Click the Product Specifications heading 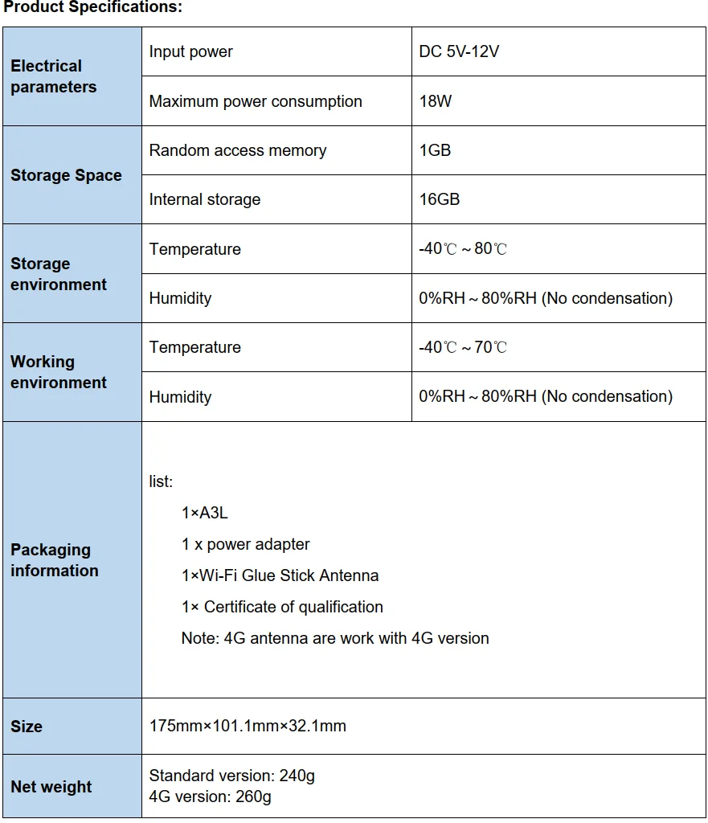[x=93, y=8]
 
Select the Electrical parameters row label [x=53, y=76]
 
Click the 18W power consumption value [x=436, y=102]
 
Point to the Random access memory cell [x=238, y=151]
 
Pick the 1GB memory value [x=435, y=151]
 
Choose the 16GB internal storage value [x=440, y=200]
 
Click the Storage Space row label [x=66, y=175]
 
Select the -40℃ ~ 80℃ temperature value [x=463, y=249]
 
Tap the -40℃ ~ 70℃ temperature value [x=463, y=347]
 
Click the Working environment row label [x=58, y=372]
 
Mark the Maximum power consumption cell [x=256, y=102]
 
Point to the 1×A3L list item [x=205, y=513]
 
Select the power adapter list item [x=245, y=544]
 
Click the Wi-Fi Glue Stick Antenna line [x=280, y=575]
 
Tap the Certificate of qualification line [x=282, y=607]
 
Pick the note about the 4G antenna [x=335, y=638]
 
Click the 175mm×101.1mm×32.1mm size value [x=248, y=727]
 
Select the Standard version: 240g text [x=232, y=776]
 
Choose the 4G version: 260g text [x=211, y=797]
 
